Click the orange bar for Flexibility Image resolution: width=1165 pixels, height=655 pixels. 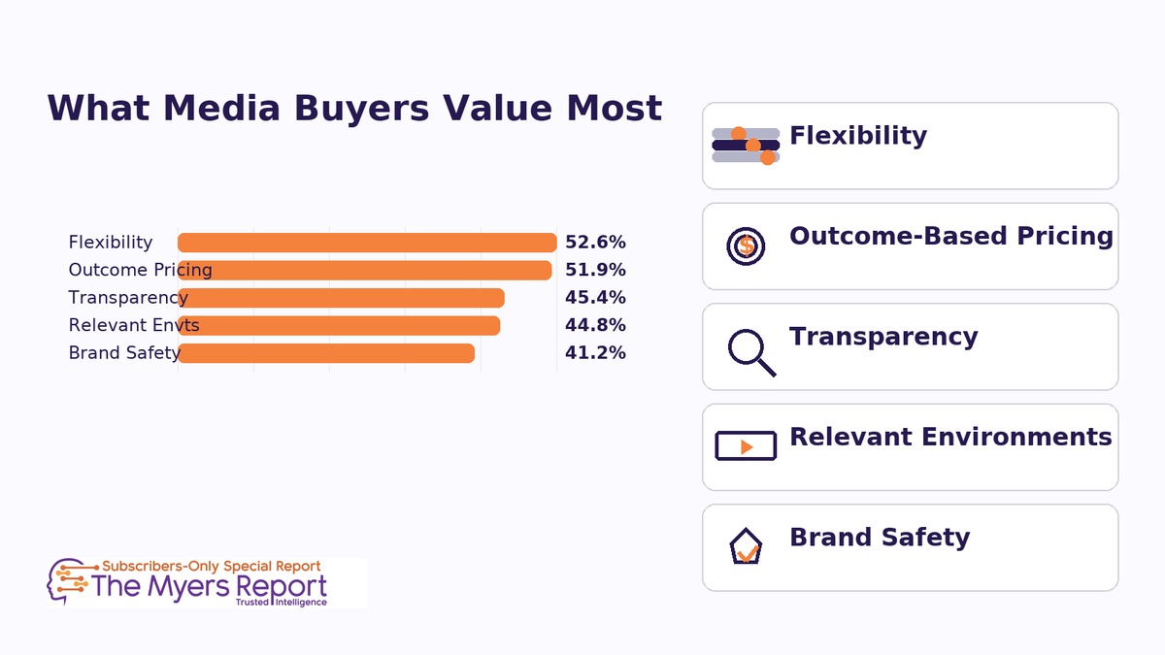tap(367, 243)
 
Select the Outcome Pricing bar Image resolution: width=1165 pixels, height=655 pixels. tap(365, 270)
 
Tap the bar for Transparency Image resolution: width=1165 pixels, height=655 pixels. tap(341, 298)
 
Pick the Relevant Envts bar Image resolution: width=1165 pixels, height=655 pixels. tap(339, 325)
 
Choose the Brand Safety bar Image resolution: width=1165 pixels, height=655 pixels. tap(326, 353)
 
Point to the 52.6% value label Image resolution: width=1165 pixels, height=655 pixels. tap(595, 243)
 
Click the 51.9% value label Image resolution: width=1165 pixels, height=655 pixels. tap(595, 270)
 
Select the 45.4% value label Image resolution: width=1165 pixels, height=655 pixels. tap(595, 298)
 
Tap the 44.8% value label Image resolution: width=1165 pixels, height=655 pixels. tap(595, 325)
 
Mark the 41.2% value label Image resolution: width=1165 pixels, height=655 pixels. tap(595, 353)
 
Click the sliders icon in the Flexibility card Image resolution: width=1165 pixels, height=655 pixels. tap(746, 146)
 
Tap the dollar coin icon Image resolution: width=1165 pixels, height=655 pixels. tap(746, 246)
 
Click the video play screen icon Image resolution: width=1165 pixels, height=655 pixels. tap(746, 445)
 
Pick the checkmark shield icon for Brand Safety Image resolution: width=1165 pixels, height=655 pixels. tap(746, 547)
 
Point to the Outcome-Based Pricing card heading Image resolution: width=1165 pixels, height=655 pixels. tap(950, 236)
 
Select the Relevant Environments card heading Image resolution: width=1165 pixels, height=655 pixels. tap(950, 437)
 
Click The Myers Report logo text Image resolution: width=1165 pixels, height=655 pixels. tap(209, 586)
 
